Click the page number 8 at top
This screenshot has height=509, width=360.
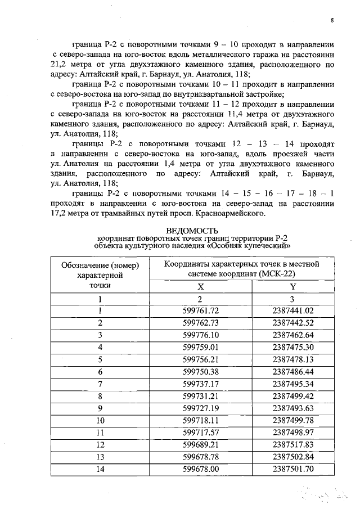click(x=332, y=20)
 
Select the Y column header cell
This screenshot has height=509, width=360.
click(x=292, y=286)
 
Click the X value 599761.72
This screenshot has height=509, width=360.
click(x=201, y=311)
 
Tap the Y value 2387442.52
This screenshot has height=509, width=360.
click(x=292, y=323)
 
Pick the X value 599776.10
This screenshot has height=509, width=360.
click(x=201, y=335)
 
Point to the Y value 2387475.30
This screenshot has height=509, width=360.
click(x=292, y=346)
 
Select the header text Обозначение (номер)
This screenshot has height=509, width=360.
click(x=100, y=265)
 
